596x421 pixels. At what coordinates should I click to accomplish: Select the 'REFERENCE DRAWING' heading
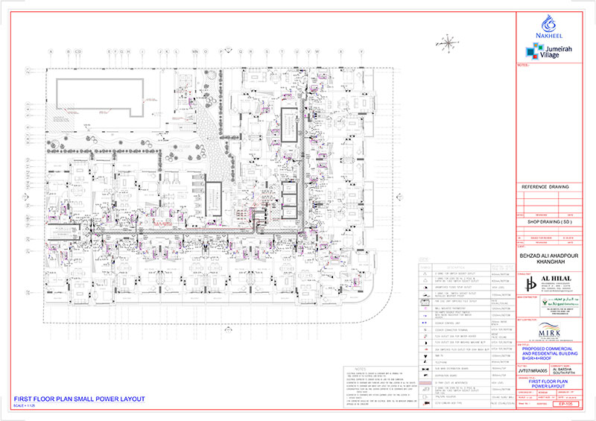pos(544,187)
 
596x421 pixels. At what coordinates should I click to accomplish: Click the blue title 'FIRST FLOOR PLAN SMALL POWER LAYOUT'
pos(79,400)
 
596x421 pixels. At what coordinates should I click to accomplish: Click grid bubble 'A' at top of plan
pos(51,51)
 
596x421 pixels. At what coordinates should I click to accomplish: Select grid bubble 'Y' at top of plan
pos(361,51)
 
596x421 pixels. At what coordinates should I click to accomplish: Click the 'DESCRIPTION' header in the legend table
pos(452,267)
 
